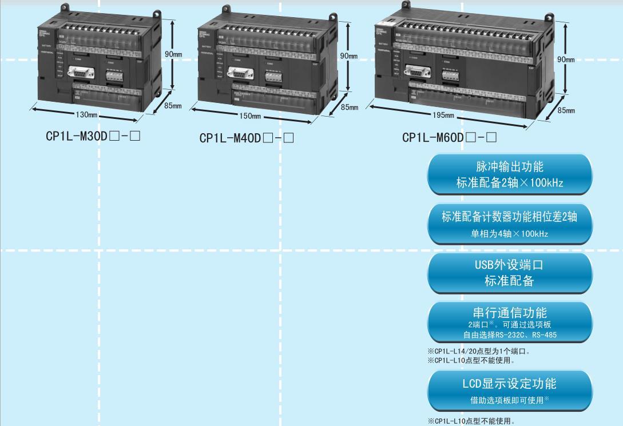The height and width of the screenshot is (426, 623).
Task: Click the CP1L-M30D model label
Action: [x=93, y=137]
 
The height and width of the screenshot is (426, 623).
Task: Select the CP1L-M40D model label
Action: [x=247, y=138]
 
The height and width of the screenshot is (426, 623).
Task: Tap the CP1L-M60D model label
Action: [x=449, y=137]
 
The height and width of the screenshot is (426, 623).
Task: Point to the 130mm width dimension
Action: [x=86, y=115]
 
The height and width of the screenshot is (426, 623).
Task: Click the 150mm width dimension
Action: [x=250, y=116]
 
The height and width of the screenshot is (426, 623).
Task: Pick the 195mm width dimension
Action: [x=443, y=115]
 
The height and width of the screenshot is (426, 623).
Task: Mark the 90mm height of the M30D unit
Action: [x=173, y=54]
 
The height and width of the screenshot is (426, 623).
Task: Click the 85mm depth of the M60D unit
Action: [x=566, y=110]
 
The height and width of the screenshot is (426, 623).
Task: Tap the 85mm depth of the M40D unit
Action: [x=350, y=107]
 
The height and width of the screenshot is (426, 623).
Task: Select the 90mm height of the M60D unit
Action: [x=566, y=59]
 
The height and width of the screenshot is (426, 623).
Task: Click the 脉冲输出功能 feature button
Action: [x=509, y=174]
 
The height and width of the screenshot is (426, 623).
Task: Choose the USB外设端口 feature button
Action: [x=509, y=273]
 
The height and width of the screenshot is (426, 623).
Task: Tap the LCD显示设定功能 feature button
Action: [x=509, y=390]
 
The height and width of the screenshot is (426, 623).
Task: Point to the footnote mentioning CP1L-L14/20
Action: [x=478, y=351]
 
